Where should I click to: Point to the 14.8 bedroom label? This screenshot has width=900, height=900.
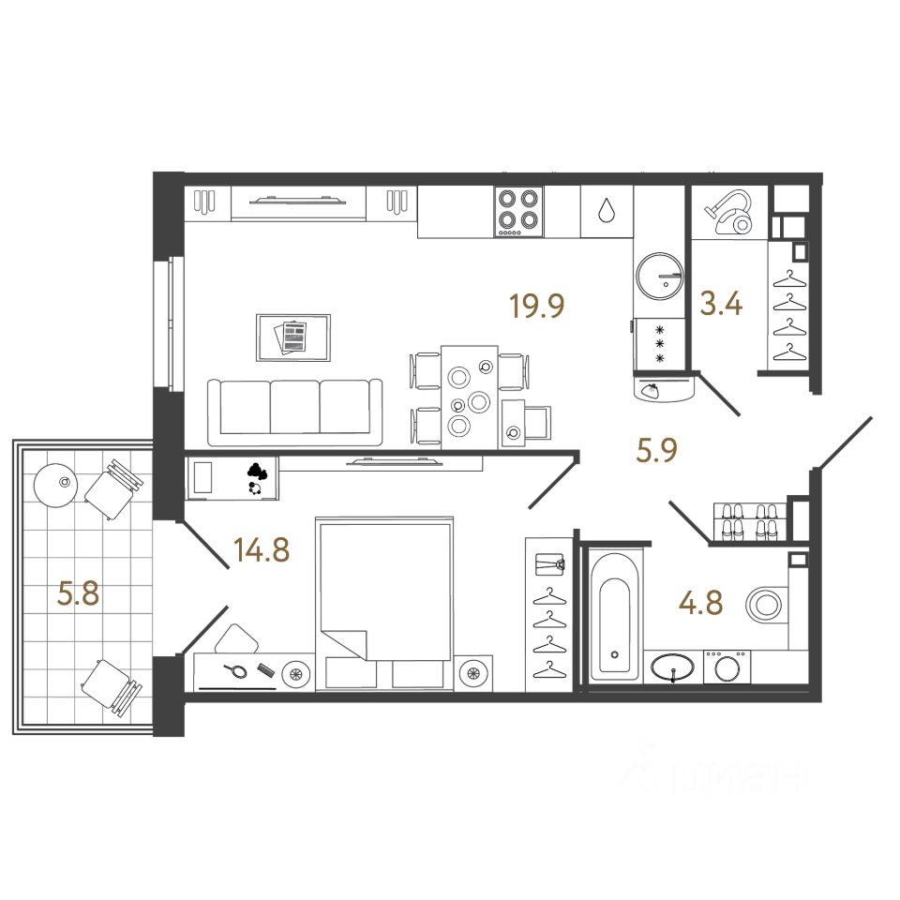click(x=262, y=550)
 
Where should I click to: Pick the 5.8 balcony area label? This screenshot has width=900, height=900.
click(x=79, y=594)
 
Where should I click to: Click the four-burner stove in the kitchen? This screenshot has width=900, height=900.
click(x=518, y=212)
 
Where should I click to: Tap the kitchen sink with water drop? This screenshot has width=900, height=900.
click(x=607, y=212)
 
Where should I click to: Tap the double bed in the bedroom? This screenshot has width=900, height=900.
click(x=385, y=591)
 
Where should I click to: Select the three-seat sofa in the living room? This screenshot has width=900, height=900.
click(x=295, y=411)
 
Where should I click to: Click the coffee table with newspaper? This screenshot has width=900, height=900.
click(x=292, y=337)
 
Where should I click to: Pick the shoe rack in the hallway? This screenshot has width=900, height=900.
click(x=747, y=522)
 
